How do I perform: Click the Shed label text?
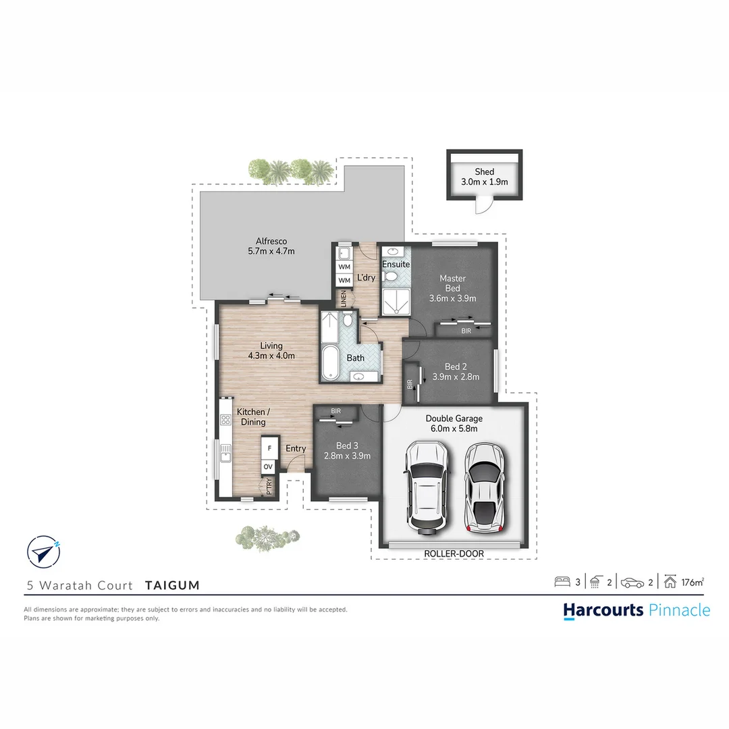[484, 172]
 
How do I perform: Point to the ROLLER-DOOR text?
[454, 553]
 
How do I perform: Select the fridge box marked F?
[269, 448]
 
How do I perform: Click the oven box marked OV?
[269, 466]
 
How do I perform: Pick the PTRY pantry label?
[269, 486]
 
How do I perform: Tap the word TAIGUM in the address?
[172, 585]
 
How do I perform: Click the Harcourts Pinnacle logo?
[637, 610]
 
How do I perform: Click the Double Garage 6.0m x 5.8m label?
[454, 423]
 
